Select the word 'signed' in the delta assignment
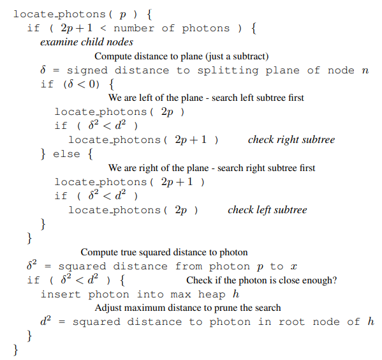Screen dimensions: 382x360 (x=87, y=70)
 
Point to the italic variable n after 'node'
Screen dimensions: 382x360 (x=365, y=71)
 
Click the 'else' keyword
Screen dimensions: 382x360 (x=66, y=154)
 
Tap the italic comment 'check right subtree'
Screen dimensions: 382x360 (x=291, y=140)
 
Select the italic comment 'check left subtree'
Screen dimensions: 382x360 (x=267, y=210)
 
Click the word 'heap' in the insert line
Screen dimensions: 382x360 (x=212, y=294)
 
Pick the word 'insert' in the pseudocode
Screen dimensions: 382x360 (x=61, y=294)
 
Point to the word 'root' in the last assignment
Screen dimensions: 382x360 (x=291, y=322)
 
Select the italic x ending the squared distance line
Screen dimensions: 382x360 (x=294, y=267)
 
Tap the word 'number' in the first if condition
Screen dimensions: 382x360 (x=134, y=28)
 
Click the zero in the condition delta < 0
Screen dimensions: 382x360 (x=92, y=84)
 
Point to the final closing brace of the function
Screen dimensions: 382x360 (x=15, y=350)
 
